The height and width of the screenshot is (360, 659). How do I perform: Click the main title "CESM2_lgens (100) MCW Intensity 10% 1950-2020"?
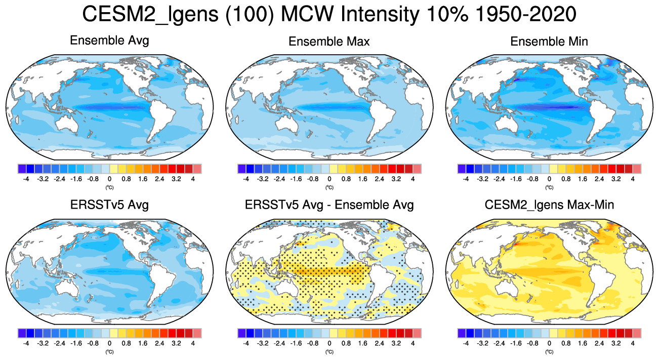pos(329,15)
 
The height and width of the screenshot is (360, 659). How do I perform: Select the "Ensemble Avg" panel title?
pos(109,41)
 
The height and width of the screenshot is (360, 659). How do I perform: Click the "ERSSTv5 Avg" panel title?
pos(109,205)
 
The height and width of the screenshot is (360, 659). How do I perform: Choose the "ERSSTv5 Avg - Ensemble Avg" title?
pos(329,205)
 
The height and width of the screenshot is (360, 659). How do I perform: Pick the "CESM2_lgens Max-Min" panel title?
pos(549,205)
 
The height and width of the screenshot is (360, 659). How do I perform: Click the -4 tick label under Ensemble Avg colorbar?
pos(26,179)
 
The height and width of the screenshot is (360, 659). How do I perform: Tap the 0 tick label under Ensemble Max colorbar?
pos(329,179)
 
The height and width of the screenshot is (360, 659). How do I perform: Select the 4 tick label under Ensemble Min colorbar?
pos(633,179)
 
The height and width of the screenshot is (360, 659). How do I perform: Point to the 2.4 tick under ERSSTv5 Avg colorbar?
pos(160,343)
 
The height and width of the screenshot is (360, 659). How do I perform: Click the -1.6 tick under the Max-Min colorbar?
pos(516,343)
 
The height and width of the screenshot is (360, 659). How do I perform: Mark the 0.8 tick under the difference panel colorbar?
pos(346,343)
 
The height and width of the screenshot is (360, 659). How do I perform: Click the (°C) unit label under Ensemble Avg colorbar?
pos(109,187)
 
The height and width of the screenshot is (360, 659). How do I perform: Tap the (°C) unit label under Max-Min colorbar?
pos(549,351)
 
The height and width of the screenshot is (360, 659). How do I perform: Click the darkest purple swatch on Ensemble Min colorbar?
pos(462,169)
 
